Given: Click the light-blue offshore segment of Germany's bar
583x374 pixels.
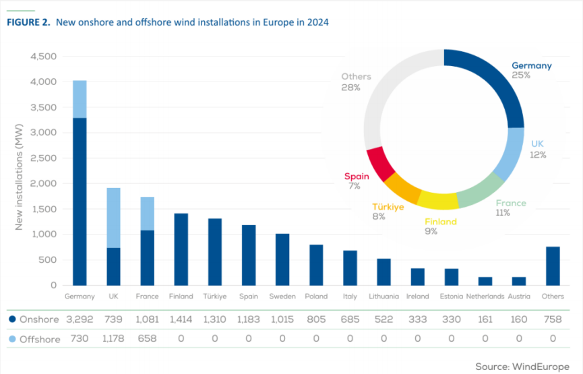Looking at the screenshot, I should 80,99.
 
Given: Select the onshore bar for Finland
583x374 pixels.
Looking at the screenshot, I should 181,249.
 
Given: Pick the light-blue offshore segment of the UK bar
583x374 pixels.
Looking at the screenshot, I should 113,218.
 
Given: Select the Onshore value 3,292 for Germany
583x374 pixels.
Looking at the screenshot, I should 80,319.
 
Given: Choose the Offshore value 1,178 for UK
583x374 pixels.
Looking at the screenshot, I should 113,339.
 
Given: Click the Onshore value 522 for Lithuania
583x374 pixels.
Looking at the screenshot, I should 383,319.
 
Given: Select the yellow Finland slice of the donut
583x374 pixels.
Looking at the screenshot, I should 437,199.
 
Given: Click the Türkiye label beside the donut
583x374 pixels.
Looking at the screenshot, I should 388,207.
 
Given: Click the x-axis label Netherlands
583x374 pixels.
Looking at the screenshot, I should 485,297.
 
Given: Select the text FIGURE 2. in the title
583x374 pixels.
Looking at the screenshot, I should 28,22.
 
